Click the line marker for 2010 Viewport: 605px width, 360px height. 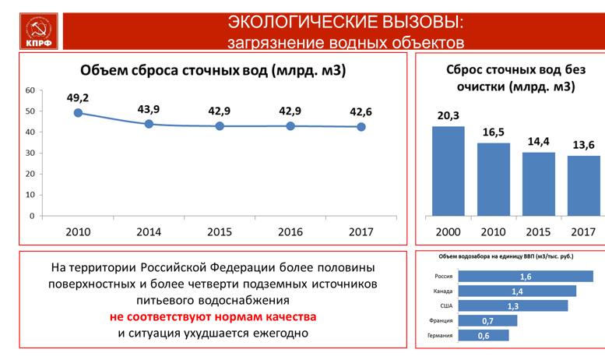79,113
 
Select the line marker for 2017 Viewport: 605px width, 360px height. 361,126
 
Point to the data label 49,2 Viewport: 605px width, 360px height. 79,97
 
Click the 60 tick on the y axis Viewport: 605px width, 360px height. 29,90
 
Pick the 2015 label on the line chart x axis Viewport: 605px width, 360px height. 220,231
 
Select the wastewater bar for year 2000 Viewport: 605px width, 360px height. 448,171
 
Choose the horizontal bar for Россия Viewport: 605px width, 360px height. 526,276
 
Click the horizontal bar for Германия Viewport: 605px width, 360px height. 484,335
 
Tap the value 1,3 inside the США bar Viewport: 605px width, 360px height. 512,305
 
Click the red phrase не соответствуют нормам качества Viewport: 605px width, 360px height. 213,318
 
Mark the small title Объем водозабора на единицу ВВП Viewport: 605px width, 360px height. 507,256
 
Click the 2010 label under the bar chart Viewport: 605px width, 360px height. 492,231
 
